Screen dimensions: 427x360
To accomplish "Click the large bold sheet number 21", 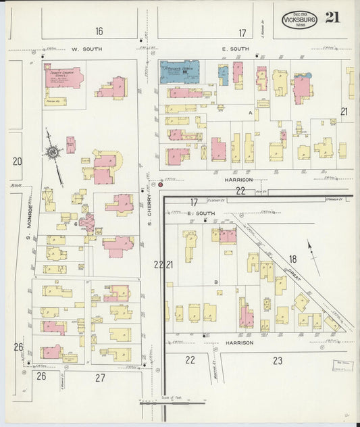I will pos(332,17).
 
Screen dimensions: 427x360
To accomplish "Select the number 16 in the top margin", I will pos(99,32).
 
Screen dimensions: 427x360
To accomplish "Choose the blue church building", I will pos(179,72).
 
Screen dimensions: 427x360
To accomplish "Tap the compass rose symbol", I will pos(53,153).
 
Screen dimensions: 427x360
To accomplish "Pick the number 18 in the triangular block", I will pos(292,259).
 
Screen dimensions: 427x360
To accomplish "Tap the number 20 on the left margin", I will pos(17,161).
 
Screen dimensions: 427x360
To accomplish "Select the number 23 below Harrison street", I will pos(278,361).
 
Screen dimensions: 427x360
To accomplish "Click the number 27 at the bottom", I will pos(100,377).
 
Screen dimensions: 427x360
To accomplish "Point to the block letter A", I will pos(250,113).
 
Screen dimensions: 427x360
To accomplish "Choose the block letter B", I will pos(215,282).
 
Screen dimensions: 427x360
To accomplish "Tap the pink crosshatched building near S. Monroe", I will pos(87,222).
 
